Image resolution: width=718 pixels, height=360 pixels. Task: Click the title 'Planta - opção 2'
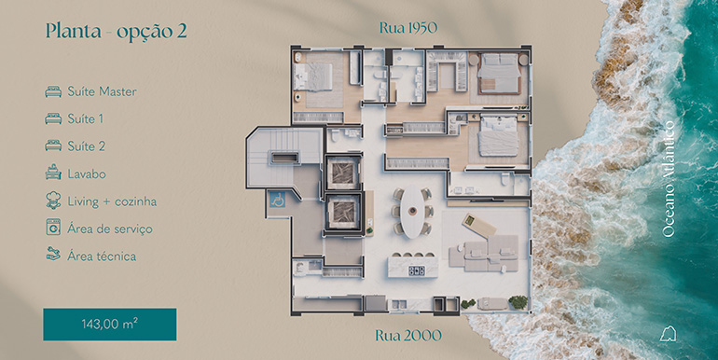(116, 30)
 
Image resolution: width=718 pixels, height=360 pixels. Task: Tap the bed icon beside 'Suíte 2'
(52, 146)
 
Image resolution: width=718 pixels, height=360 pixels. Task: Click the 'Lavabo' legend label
(87, 173)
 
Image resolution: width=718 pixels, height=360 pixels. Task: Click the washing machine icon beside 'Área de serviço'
(52, 228)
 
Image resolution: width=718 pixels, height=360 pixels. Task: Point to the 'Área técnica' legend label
(102, 255)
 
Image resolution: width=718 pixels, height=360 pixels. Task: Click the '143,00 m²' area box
(109, 324)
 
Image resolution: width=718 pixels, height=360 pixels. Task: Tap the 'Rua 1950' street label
(408, 27)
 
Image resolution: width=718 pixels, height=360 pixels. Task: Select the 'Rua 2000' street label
(408, 333)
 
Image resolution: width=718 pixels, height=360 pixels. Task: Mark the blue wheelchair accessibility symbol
(276, 198)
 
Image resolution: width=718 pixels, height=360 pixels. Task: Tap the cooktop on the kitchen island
(417, 271)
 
